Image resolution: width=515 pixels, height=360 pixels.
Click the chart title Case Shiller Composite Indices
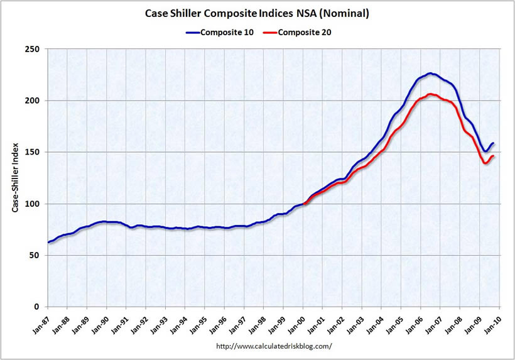click(256, 13)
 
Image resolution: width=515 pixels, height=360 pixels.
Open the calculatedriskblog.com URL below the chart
click(273, 346)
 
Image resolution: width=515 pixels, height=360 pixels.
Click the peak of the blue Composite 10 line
click(430, 74)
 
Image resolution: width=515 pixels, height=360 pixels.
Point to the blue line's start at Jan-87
click(48, 243)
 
